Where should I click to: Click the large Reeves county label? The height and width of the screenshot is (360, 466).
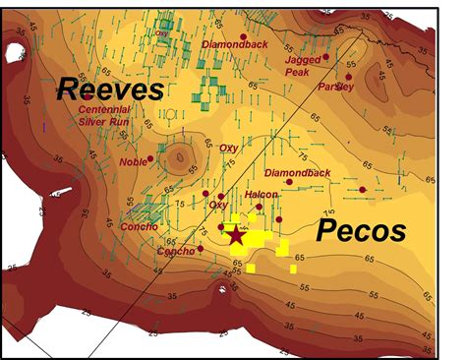click(x=108, y=90)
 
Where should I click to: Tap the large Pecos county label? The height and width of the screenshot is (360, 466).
click(x=360, y=231)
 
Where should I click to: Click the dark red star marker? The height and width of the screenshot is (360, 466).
click(x=236, y=234)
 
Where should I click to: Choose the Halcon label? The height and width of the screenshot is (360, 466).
click(x=261, y=195)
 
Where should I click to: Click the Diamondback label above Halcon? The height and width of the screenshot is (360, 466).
click(x=298, y=173)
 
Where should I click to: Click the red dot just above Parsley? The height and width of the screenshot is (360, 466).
click(x=348, y=76)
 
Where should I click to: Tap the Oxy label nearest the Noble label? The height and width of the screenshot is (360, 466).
click(x=228, y=148)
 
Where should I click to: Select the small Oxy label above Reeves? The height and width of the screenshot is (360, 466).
click(x=162, y=32)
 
